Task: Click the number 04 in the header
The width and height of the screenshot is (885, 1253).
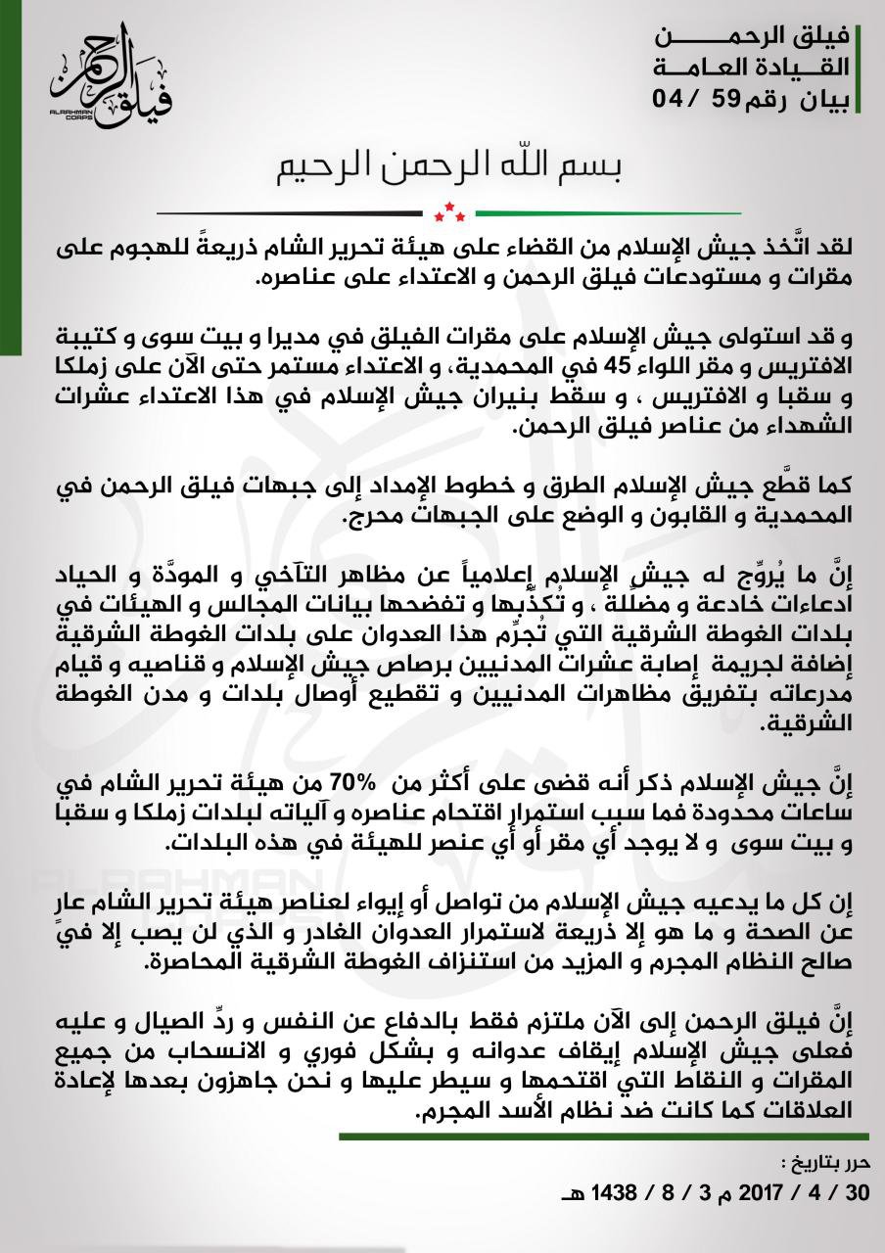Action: (x=676, y=98)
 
